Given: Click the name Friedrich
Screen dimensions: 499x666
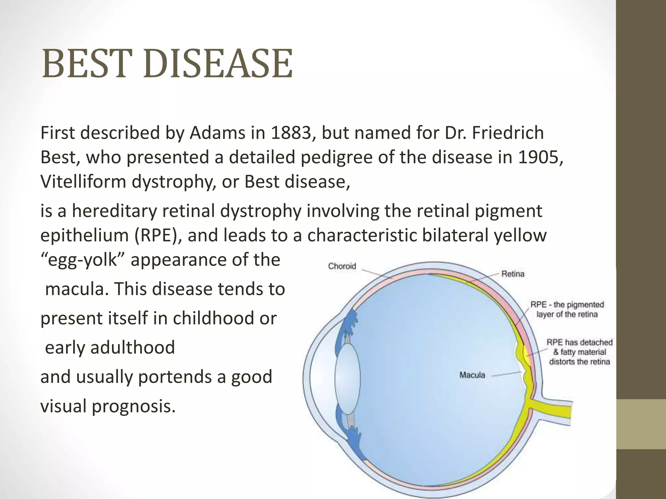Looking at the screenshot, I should [x=507, y=133].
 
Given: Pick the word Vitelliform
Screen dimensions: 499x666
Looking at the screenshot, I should [x=83, y=181].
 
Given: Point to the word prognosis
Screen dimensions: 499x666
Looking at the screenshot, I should [x=134, y=406].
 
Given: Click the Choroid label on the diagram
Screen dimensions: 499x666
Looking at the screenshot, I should [x=342, y=266].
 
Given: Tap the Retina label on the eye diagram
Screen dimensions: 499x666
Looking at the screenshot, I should [x=513, y=274].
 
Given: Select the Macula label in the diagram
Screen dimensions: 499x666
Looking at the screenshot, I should [x=472, y=375].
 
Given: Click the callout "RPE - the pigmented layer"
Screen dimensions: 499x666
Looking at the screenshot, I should [x=567, y=309].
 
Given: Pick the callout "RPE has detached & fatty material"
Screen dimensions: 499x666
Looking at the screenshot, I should [x=579, y=352].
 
